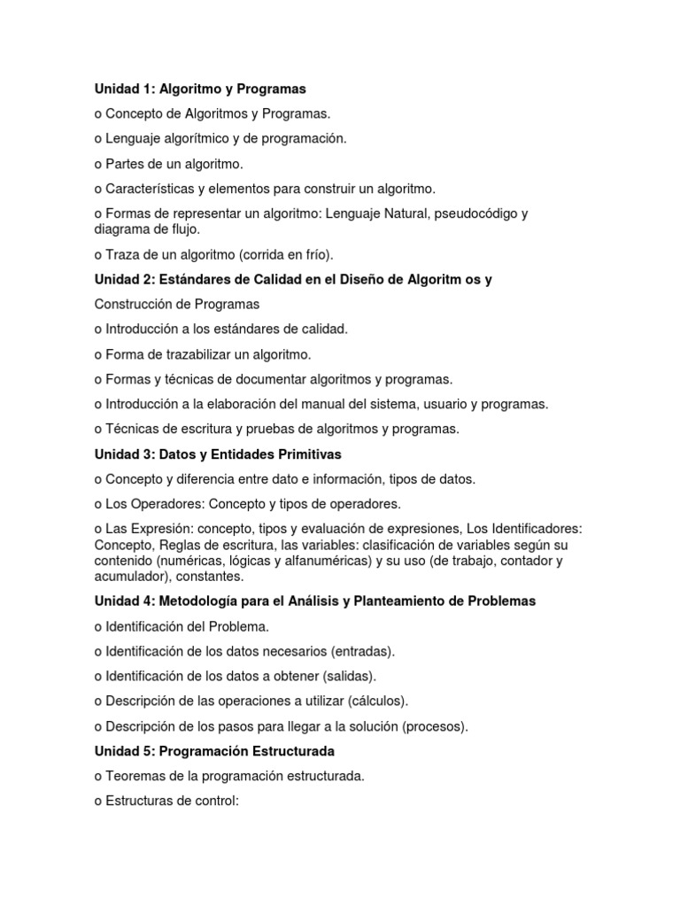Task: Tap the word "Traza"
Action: coord(125,255)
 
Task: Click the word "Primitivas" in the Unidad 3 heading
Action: coord(310,454)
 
